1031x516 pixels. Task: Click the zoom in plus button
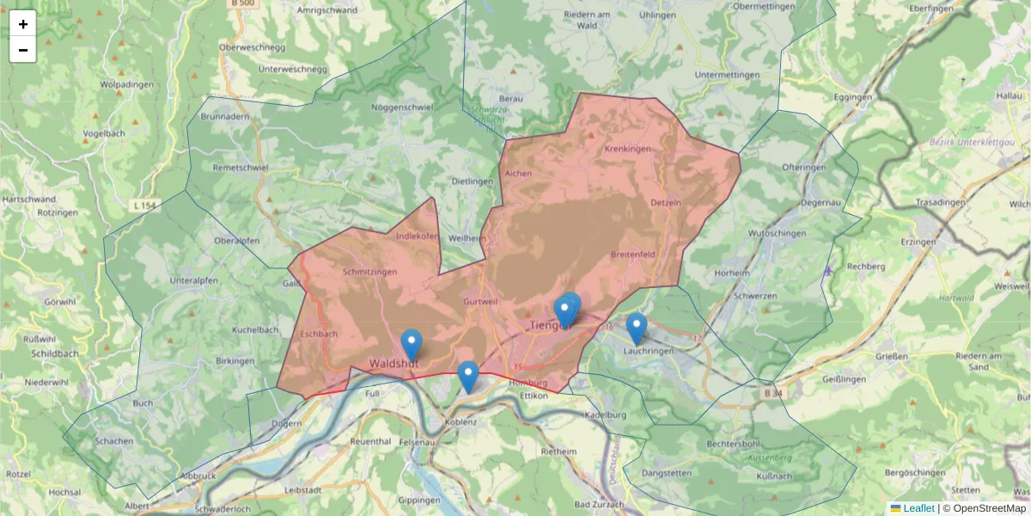(x=23, y=24)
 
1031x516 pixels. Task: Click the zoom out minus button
(x=23, y=50)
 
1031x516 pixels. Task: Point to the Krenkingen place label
(x=627, y=150)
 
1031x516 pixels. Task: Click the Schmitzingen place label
(x=369, y=272)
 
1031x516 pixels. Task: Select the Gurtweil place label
(x=480, y=303)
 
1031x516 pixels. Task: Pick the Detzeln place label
(x=666, y=202)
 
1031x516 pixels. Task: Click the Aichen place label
(x=519, y=173)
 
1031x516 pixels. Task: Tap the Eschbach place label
(x=319, y=333)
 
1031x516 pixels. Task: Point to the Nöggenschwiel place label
(x=402, y=107)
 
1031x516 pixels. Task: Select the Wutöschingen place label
(x=777, y=233)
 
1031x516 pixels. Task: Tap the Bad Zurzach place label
(x=594, y=504)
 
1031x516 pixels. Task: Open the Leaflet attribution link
(x=918, y=508)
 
